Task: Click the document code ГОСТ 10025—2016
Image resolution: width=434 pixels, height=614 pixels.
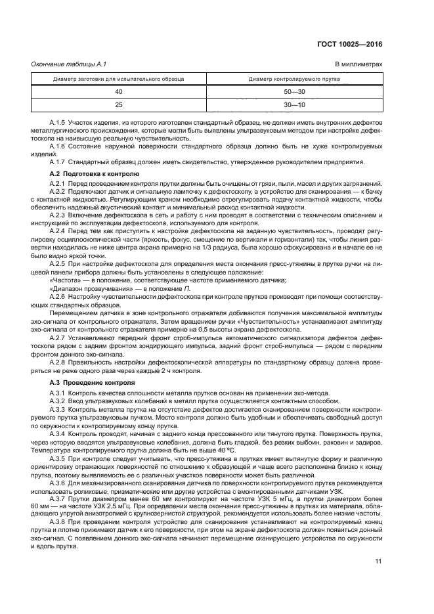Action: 348,44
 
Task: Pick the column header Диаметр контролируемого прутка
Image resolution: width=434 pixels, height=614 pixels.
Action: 293,79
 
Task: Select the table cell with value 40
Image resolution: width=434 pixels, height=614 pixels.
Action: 119,92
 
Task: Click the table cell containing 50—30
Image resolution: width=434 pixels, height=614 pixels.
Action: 293,92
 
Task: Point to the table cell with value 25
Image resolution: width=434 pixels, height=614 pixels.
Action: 119,104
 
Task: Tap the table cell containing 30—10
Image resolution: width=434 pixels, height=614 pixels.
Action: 293,104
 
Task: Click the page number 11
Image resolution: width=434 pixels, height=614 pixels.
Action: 378,561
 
